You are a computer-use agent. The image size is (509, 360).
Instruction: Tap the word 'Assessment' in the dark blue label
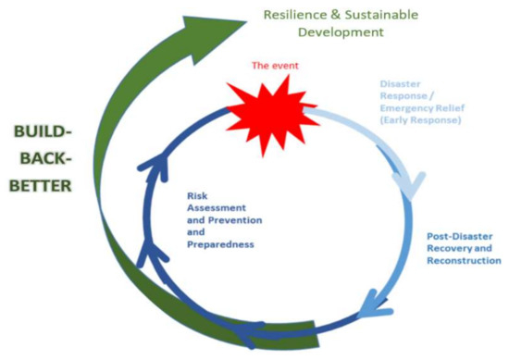coord(206,208)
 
